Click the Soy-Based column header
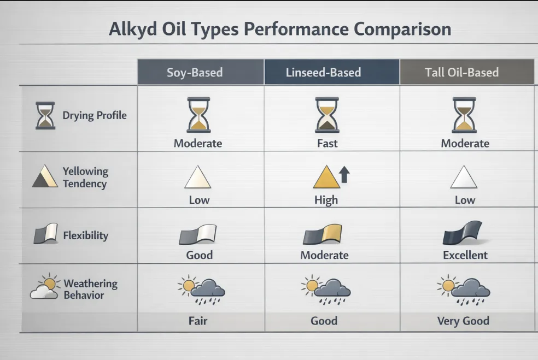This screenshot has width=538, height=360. pos(195,73)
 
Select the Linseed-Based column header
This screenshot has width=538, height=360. pos(323,73)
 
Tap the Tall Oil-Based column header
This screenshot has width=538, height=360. pos(461,73)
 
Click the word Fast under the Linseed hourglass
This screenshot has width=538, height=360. pos(327,144)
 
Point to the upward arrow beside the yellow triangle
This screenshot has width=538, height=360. pos(344,175)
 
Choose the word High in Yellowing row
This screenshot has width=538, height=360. pos(326,200)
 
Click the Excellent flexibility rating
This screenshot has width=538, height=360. pos(465,255)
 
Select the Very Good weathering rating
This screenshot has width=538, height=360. pos(463,321)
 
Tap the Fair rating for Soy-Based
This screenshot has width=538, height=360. pos(198,321)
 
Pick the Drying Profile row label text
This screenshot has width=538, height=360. pos(95,116)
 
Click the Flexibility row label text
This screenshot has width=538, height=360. pos(85,236)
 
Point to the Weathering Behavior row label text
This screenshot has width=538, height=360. pos(90,290)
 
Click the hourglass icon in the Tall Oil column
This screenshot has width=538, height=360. pos(464,115)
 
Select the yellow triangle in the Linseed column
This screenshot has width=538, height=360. pos(325,179)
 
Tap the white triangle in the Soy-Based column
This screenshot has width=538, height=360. pos(198,178)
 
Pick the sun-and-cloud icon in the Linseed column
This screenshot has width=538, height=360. pos(325,288)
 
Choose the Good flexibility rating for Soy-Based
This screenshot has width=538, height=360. pos(199,255)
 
